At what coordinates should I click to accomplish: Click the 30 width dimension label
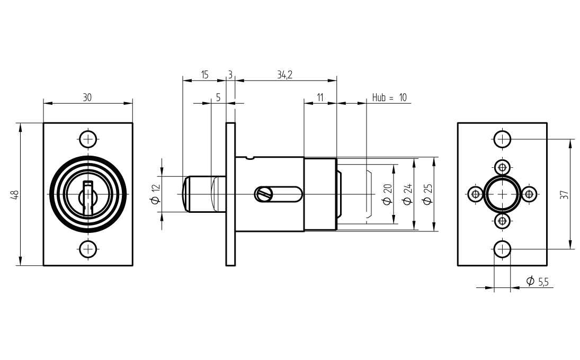(x=87, y=97)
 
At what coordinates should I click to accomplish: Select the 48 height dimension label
(x=15, y=194)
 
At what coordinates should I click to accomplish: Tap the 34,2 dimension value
(x=285, y=75)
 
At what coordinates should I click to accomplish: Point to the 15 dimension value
(x=204, y=75)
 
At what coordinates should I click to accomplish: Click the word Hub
(x=379, y=97)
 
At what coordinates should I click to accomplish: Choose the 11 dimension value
(x=320, y=97)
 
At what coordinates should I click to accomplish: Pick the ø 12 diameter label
(x=156, y=194)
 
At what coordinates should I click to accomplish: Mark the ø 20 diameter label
(x=387, y=195)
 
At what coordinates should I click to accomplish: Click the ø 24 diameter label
(x=407, y=195)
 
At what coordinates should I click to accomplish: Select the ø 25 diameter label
(x=427, y=195)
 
